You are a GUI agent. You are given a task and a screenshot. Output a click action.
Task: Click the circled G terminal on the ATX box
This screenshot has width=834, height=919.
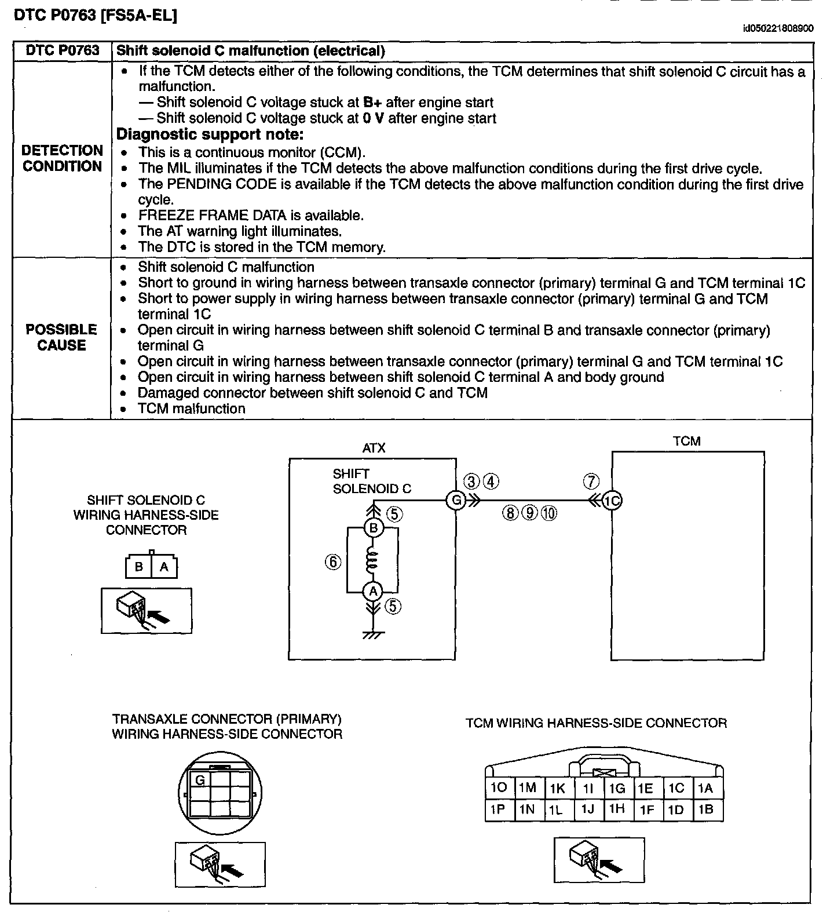456,499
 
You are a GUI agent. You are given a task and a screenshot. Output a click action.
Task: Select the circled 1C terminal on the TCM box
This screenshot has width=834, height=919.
612,500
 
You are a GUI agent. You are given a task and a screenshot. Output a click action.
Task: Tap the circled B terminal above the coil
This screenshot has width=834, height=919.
373,528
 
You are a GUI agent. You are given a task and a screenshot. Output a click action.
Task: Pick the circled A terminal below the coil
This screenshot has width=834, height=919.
373,592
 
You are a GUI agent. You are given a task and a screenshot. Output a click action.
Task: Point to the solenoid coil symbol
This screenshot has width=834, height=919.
373,560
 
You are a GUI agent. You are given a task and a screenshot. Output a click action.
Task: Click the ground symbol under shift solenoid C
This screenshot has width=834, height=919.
373,634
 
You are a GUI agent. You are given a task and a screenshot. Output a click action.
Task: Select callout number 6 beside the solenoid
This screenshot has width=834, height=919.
333,561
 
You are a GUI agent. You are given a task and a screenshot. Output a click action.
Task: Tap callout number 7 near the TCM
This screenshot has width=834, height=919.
591,481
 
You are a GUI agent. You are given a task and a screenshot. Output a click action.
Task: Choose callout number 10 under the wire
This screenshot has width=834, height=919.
549,513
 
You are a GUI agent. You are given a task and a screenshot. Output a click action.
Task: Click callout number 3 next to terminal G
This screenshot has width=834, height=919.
472,482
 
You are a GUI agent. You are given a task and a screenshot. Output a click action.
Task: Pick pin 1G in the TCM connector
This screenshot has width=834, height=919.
617,788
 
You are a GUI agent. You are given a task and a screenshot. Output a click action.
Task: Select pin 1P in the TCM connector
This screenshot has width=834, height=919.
498,809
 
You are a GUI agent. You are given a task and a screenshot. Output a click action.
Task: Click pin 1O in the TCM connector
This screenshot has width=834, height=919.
498,787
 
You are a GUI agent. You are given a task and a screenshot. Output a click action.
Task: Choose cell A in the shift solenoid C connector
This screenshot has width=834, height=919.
164,567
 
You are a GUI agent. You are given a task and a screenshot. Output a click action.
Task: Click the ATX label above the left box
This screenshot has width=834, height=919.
374,448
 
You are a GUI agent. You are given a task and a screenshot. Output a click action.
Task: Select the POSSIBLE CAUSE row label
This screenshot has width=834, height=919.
61,337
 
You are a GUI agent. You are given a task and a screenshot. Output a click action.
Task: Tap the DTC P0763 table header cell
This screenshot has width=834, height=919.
63,50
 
